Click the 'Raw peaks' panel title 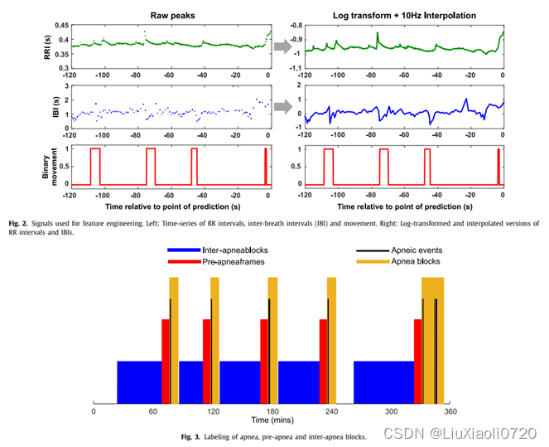click(x=171, y=14)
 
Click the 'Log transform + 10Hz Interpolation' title click(x=402, y=14)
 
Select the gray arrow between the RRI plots click(x=283, y=46)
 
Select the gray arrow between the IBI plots click(x=283, y=106)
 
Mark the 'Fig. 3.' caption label click(x=194, y=435)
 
